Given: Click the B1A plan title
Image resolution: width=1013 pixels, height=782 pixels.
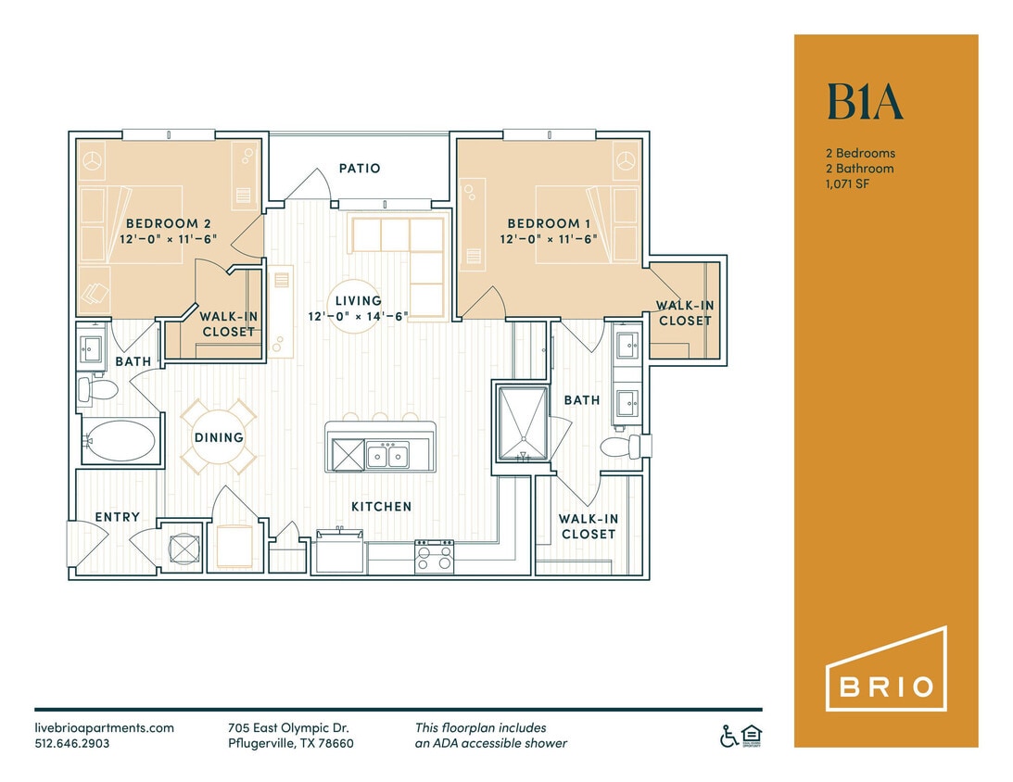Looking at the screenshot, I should (x=864, y=102).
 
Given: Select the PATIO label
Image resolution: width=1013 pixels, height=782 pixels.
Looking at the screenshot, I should (x=359, y=169).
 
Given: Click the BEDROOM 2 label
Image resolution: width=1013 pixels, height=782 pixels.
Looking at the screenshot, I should (x=162, y=223).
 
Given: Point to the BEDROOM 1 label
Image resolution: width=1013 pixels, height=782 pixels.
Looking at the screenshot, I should (x=549, y=223).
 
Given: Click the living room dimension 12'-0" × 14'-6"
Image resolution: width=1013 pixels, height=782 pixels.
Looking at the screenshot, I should (x=359, y=316).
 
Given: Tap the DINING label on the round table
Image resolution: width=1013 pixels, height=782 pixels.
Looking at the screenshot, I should (x=219, y=437).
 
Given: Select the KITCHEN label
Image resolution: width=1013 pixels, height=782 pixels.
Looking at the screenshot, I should (x=381, y=507).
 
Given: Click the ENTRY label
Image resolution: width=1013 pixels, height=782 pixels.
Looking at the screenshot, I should (x=118, y=517).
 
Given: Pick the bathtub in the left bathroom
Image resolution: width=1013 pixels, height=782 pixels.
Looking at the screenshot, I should (x=120, y=441).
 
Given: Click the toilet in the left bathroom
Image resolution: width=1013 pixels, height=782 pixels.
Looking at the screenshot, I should (x=97, y=388).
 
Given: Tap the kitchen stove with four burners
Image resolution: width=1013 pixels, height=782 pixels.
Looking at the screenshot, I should (x=434, y=557).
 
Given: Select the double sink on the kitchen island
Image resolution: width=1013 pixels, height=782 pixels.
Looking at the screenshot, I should (x=387, y=454).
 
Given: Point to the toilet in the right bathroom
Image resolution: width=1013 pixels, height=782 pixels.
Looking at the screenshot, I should (x=621, y=447).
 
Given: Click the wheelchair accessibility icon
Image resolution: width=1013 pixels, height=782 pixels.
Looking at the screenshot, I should (x=729, y=737).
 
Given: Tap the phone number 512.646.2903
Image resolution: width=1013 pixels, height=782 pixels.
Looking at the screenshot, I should (x=72, y=743).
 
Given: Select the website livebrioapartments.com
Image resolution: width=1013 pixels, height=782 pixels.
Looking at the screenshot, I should (x=104, y=728).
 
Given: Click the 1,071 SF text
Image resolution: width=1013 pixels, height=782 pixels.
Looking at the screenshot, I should (x=848, y=184).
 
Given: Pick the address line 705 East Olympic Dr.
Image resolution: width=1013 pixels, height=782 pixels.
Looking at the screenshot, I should (x=288, y=728).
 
